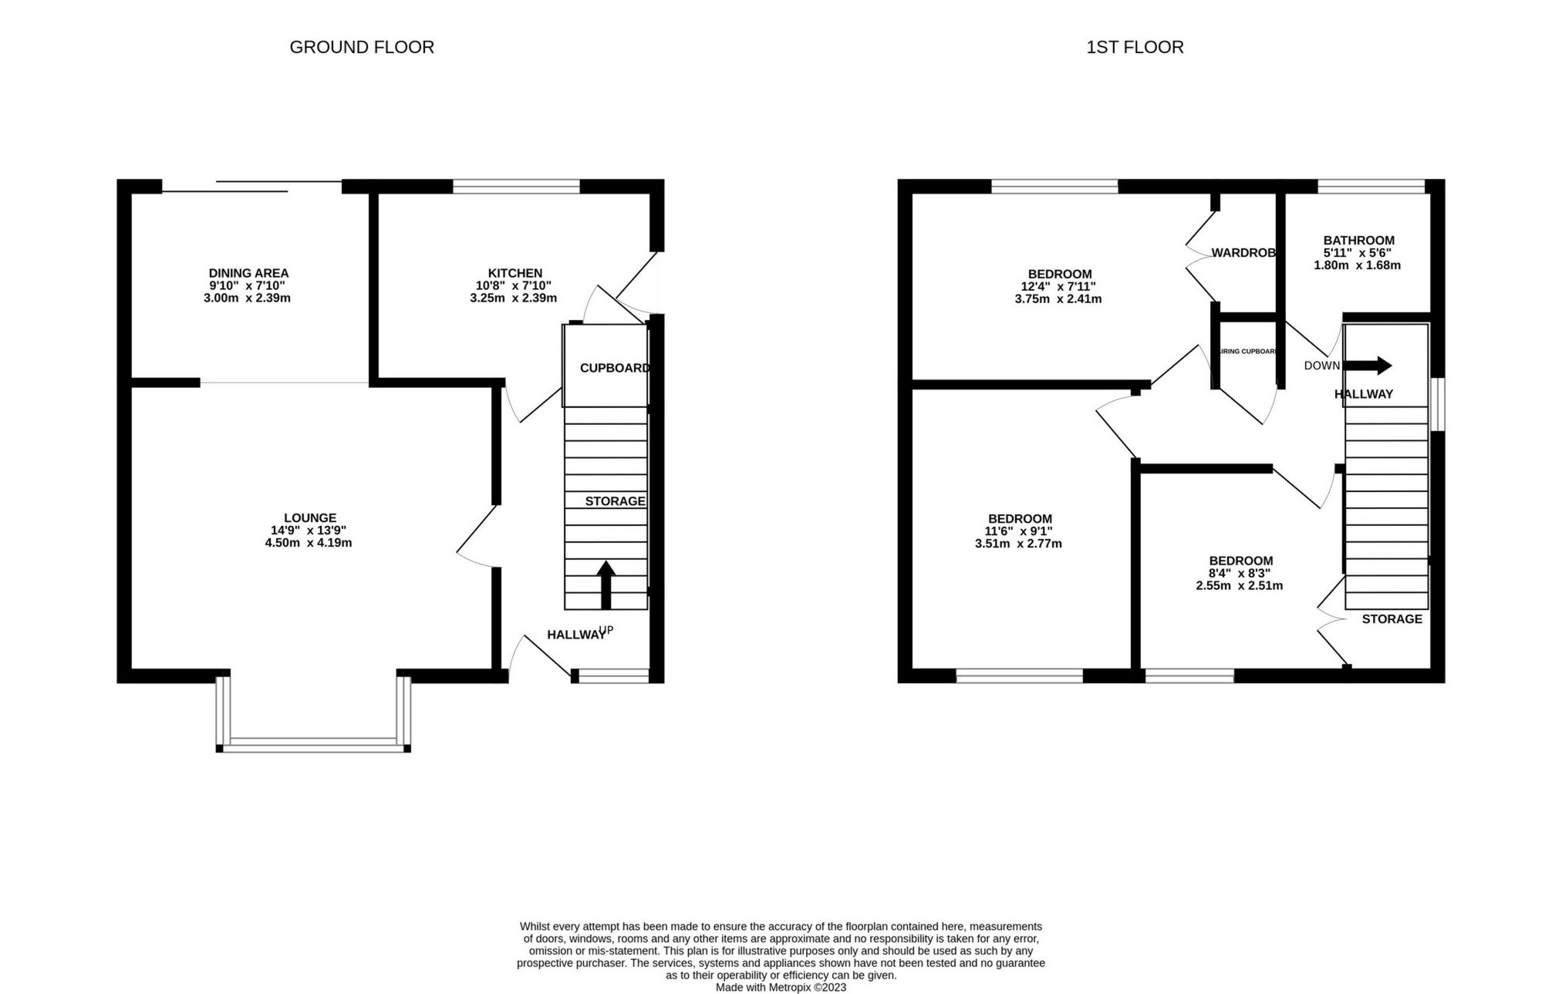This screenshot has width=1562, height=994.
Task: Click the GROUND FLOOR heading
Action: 362,47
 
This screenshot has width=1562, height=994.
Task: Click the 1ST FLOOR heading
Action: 1135,47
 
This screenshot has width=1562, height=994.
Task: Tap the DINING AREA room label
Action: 248,273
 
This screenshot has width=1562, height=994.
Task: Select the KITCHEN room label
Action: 514,273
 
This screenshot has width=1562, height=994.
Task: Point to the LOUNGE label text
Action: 310,518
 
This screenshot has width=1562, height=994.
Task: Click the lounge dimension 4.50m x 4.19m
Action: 309,543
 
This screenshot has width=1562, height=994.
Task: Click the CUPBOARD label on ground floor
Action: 615,368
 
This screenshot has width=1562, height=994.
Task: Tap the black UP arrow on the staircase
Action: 606,585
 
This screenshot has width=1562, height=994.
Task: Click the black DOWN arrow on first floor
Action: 1368,366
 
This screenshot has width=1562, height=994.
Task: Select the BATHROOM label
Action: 1358,241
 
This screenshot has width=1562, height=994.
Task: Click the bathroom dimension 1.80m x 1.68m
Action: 1357,265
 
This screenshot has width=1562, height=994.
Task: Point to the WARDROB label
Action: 1243,253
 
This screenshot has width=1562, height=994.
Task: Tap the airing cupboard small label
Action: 1247,352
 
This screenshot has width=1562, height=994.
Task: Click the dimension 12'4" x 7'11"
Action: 1058,287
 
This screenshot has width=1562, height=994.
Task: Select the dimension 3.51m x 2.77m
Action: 1018,544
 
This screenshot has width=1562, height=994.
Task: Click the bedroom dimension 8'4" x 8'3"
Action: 1240,574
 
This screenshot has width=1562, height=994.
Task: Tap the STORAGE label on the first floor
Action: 1392,619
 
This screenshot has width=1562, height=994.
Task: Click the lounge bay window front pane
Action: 312,744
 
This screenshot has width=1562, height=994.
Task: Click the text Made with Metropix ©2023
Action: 781,987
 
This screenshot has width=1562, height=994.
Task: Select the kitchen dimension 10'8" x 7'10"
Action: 513,285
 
